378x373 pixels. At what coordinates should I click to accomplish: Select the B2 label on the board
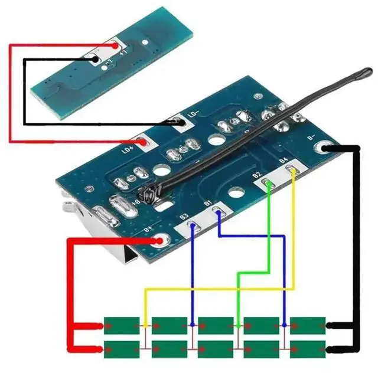[x=257, y=174]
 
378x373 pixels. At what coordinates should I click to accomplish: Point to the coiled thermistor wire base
[x=145, y=195]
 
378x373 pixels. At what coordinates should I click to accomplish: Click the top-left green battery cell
[x=121, y=325]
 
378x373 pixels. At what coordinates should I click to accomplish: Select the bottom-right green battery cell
[x=308, y=345]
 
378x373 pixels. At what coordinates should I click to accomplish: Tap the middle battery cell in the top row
[x=215, y=325]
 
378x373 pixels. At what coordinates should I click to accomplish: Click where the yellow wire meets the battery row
[x=146, y=325]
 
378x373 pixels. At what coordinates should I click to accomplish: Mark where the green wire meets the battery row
[x=237, y=325]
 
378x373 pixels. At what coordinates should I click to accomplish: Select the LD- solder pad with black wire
[x=178, y=122]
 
